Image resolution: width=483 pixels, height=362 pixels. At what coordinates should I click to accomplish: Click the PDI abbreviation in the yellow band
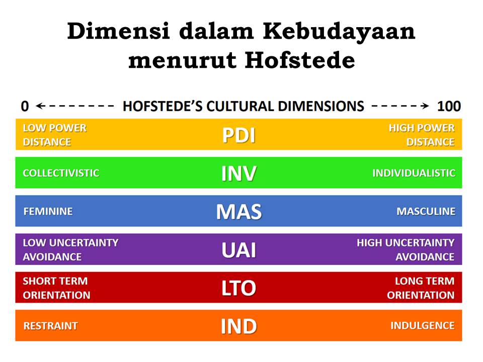click(239, 135)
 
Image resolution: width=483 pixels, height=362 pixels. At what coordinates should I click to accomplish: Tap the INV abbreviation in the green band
click(239, 173)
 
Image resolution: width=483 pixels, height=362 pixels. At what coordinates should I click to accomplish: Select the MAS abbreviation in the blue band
click(239, 212)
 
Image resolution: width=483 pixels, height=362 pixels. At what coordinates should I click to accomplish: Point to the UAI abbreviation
click(239, 250)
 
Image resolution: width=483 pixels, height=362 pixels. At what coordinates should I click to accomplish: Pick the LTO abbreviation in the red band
click(239, 288)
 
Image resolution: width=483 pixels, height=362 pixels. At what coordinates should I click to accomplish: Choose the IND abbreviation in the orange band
click(239, 326)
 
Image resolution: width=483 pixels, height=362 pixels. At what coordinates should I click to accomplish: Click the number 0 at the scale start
click(25, 106)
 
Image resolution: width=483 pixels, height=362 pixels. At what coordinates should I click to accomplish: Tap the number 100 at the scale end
click(449, 106)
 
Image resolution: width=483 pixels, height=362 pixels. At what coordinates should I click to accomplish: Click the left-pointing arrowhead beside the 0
click(40, 106)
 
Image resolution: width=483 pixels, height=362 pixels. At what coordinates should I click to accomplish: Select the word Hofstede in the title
click(300, 60)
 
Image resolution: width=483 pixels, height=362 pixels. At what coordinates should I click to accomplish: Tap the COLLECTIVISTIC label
click(61, 173)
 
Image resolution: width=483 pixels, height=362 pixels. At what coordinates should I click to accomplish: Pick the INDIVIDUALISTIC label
click(414, 173)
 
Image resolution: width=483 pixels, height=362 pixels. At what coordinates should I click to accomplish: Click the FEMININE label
click(48, 212)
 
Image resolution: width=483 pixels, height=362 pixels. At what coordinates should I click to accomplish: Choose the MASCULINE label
click(426, 212)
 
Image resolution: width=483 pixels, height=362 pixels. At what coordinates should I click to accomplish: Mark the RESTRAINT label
click(51, 326)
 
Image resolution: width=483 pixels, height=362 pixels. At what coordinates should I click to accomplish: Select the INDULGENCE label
click(423, 326)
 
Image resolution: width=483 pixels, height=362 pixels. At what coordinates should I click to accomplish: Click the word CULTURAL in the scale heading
click(240, 106)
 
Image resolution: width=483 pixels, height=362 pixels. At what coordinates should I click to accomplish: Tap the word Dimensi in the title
click(119, 31)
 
